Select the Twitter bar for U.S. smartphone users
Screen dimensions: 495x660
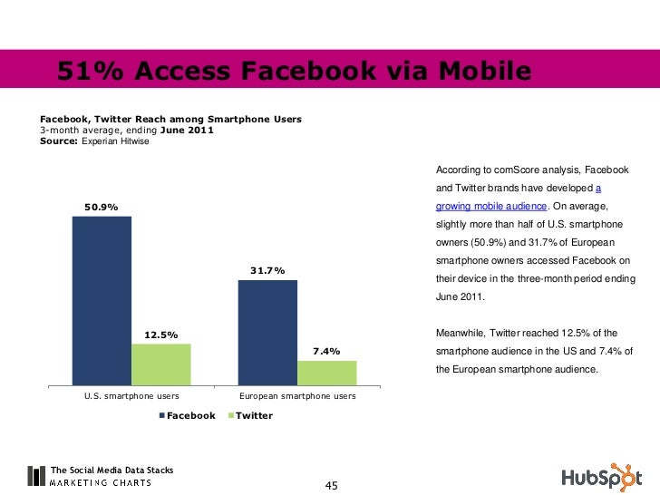161,364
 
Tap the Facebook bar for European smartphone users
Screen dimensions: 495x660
267,333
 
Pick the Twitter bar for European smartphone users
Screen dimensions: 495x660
327,374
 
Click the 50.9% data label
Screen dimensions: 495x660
102,207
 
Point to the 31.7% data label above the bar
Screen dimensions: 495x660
267,270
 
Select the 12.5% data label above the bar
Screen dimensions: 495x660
161,335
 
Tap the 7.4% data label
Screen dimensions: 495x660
326,352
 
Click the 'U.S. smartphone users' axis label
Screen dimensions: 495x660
131,396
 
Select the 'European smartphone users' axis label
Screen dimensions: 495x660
297,396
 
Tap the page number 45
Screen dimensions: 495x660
331,486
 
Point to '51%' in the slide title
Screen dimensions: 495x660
87,70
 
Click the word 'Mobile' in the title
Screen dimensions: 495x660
480,70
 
